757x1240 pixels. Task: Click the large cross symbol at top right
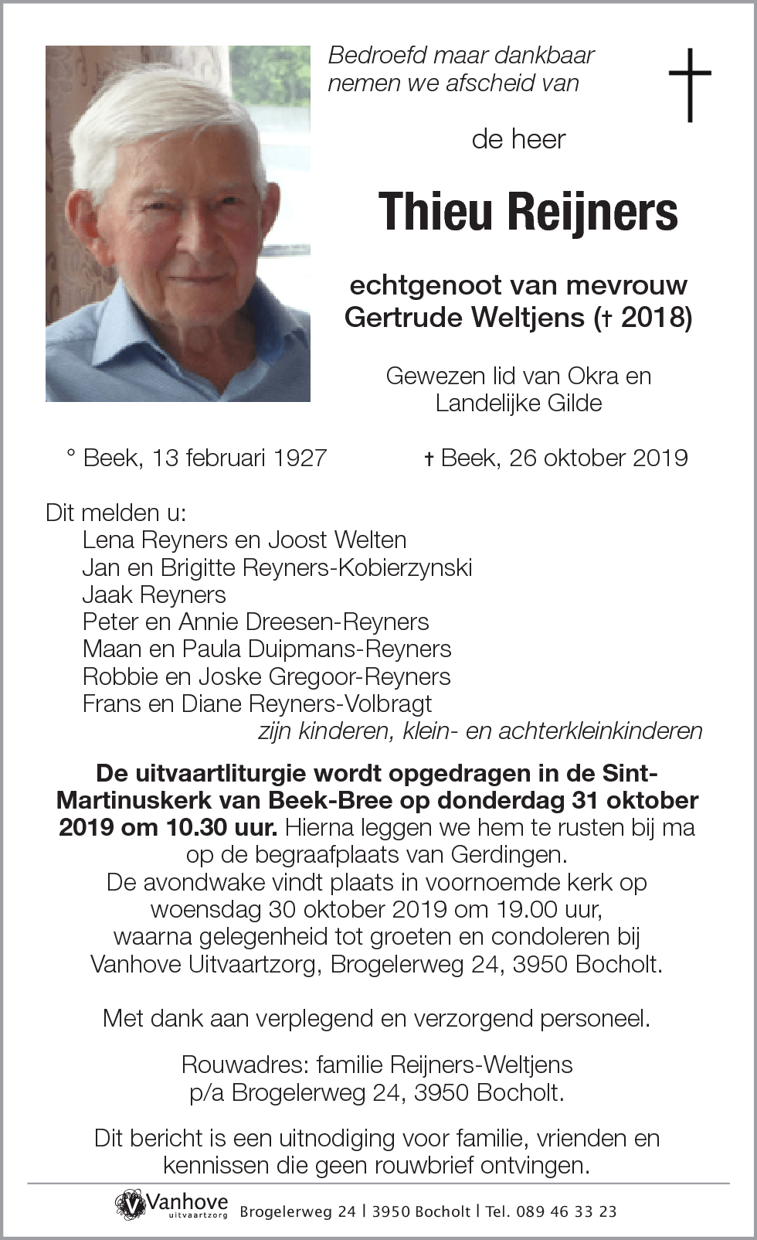tap(689, 84)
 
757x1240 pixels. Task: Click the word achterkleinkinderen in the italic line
tap(600, 731)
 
